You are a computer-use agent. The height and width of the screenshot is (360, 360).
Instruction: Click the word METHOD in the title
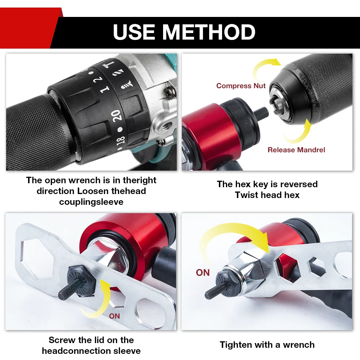208,32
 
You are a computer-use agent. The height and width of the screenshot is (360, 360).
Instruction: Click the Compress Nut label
241,86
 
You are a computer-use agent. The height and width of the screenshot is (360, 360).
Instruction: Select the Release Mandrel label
296,150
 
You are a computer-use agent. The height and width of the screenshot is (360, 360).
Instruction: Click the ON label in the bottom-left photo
114,316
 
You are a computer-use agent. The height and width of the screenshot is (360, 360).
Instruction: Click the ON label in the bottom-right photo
203,273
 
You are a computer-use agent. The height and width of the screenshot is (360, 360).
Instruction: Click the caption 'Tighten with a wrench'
267,345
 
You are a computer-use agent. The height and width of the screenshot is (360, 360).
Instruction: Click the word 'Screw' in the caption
62,340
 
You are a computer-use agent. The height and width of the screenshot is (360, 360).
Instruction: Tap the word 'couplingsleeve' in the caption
91,202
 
